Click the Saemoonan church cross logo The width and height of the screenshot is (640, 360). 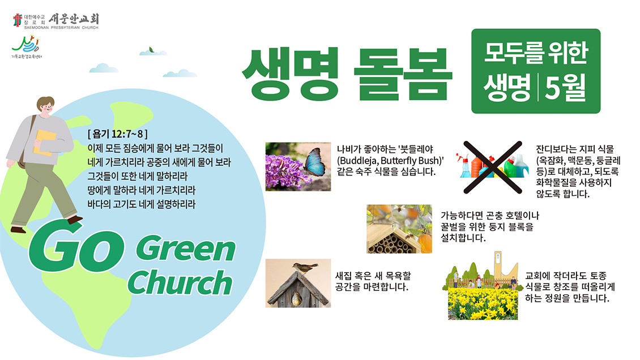point(17,20)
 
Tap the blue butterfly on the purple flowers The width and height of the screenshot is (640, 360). point(314,161)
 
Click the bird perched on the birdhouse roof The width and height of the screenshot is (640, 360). point(305,267)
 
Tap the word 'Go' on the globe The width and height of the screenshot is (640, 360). point(76,246)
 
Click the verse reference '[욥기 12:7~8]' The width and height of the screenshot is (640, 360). point(118,134)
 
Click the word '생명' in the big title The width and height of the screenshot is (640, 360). point(290,74)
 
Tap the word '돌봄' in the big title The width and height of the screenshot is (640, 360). point(403,74)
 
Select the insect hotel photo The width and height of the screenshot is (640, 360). point(399,229)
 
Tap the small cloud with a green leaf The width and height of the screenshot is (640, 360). point(153,52)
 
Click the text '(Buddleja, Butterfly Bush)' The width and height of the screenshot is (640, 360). point(390,161)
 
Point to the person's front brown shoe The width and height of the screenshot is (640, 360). point(75,220)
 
